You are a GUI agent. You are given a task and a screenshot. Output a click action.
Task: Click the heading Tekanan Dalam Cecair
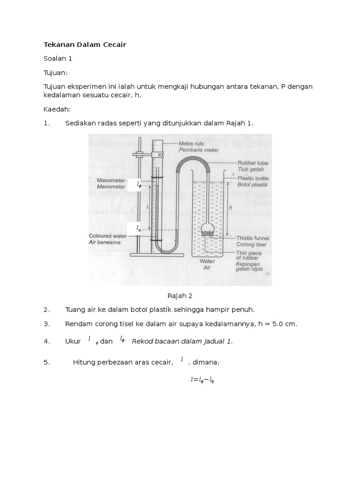85,45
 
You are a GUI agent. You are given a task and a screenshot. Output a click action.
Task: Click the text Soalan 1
58,59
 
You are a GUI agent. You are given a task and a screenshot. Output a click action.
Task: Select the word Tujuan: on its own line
56,73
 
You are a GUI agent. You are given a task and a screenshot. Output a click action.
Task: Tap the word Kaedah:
57,109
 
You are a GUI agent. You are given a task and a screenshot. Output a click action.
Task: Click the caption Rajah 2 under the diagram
180,296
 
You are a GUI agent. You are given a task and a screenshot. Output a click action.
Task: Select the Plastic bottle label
254,178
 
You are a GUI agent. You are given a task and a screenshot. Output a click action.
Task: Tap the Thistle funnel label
253,238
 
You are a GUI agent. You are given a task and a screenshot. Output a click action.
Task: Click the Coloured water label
108,236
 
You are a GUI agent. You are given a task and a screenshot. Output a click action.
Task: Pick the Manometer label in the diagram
111,180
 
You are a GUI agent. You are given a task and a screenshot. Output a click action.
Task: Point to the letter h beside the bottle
230,207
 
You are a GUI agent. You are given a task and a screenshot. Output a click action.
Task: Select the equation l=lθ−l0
202,380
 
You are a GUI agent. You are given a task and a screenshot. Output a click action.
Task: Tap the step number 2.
46,310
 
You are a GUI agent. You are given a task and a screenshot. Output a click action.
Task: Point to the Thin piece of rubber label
249,255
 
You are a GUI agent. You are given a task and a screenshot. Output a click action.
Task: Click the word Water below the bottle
207,261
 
